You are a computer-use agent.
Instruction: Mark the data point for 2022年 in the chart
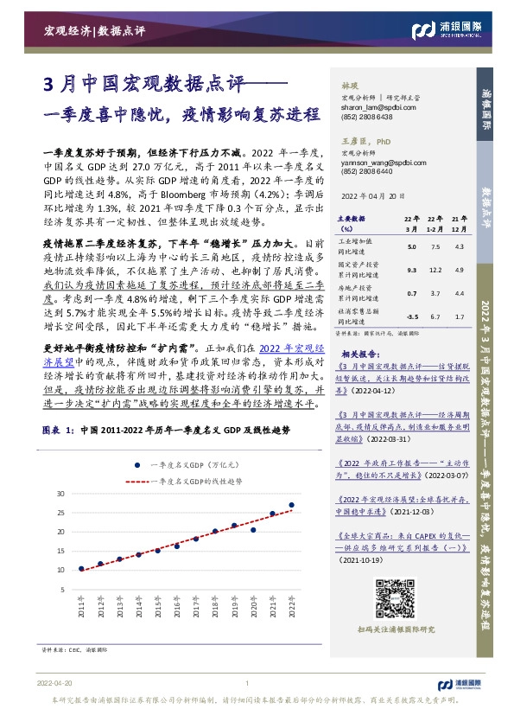pos(291,505)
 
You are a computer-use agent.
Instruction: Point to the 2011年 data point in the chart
pos(81,569)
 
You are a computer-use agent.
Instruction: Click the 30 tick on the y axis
pos(60,493)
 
